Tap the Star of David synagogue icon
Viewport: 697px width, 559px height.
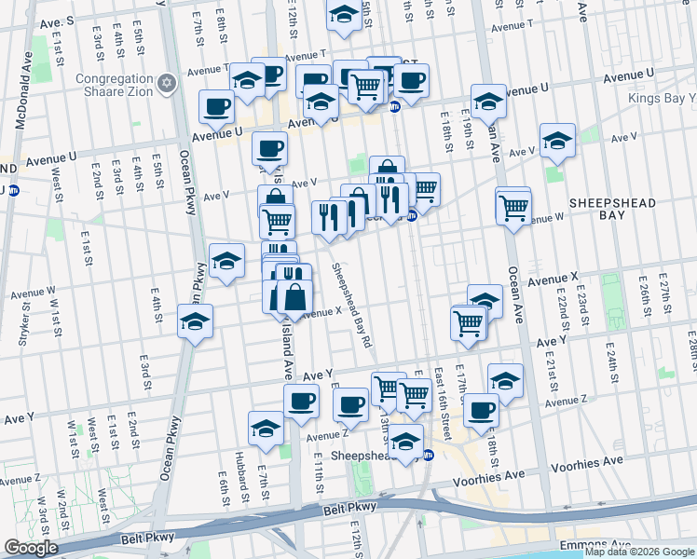tap(168, 84)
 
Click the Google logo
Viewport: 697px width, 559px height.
tap(31, 548)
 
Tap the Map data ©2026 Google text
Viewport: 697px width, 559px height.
tap(639, 552)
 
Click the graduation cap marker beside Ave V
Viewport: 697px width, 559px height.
tap(557, 141)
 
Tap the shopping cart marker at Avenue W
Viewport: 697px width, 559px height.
tap(513, 207)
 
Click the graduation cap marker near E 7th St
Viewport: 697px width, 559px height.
tap(266, 428)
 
